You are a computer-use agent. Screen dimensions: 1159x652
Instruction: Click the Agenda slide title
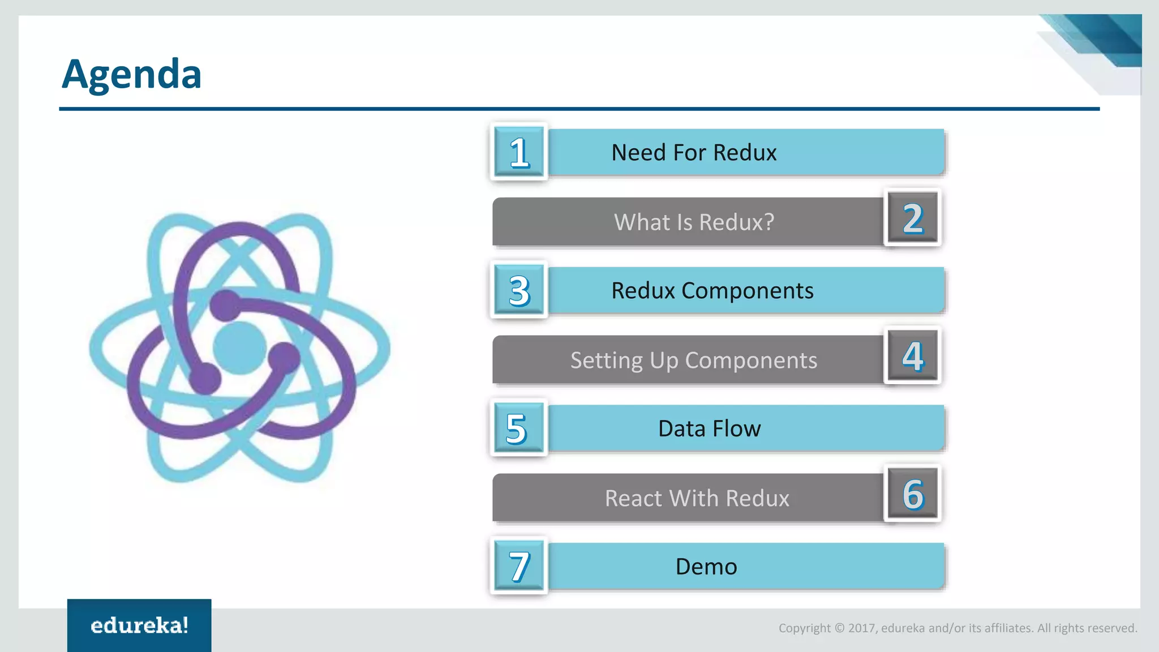tap(131, 74)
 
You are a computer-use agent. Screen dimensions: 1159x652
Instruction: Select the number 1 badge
tap(519, 152)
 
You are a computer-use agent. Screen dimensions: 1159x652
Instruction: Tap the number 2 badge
tap(912, 218)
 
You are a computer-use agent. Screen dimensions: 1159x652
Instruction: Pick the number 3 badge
tap(519, 290)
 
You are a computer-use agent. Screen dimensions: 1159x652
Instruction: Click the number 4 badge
tap(912, 356)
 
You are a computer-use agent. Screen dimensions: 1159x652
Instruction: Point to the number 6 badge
tap(912, 494)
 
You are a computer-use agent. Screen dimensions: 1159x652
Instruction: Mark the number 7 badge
tap(519, 566)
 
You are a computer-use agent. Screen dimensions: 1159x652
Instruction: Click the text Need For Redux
tap(694, 152)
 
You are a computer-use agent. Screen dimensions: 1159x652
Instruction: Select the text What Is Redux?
tap(694, 222)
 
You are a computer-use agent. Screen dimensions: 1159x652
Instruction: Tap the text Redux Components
tap(712, 290)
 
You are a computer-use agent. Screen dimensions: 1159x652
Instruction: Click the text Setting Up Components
tap(694, 361)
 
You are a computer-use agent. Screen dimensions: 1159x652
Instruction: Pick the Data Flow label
tap(709, 428)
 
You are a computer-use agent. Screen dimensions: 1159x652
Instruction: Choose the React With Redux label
tap(697, 498)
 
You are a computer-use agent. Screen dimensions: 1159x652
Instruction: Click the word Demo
tap(706, 567)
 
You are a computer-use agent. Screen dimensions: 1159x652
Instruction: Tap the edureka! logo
tap(139, 625)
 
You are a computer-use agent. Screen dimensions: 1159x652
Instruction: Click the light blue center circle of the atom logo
tap(239, 348)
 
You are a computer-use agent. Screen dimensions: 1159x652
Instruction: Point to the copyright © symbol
tap(839, 628)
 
